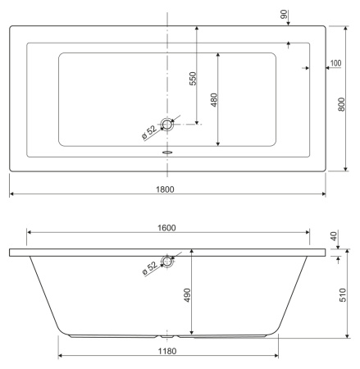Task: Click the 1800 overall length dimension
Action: (x=165, y=189)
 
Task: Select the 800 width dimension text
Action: (x=342, y=104)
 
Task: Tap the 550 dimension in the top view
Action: (x=193, y=79)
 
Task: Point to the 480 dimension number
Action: (x=214, y=100)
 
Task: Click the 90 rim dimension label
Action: (x=284, y=14)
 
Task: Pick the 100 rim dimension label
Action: (x=335, y=63)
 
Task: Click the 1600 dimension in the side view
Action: (x=166, y=228)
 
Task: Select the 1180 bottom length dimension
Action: (x=167, y=351)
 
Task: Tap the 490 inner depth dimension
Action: (x=187, y=295)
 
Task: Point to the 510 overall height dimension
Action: (x=343, y=295)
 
